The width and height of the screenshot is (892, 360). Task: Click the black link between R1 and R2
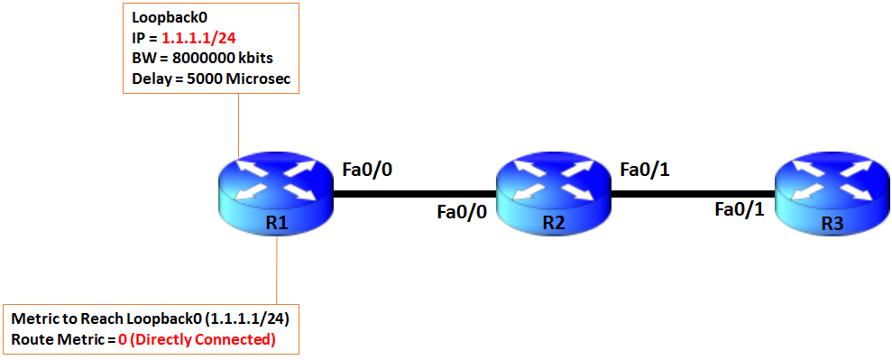[x=415, y=192]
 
